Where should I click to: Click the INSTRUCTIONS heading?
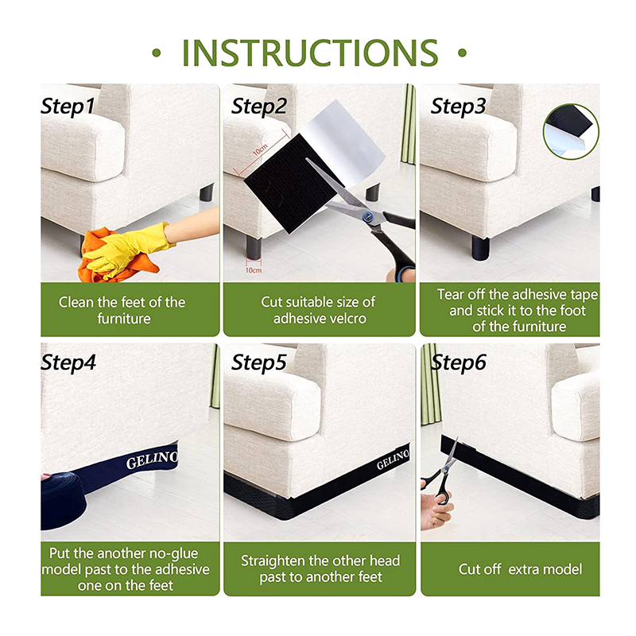(310, 52)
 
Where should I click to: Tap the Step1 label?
(68, 107)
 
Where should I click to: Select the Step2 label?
(259, 107)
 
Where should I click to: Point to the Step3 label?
(458, 107)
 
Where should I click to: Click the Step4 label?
(68, 363)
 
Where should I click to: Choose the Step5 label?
(259, 363)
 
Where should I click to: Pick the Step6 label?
(458, 363)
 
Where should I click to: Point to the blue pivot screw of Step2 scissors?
(368, 216)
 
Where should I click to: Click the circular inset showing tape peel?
(571, 131)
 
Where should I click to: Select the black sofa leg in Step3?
(481, 249)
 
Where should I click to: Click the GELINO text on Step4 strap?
(152, 460)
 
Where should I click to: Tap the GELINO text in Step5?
(393, 460)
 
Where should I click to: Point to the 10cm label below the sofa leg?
(254, 270)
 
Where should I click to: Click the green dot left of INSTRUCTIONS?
(157, 52)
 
